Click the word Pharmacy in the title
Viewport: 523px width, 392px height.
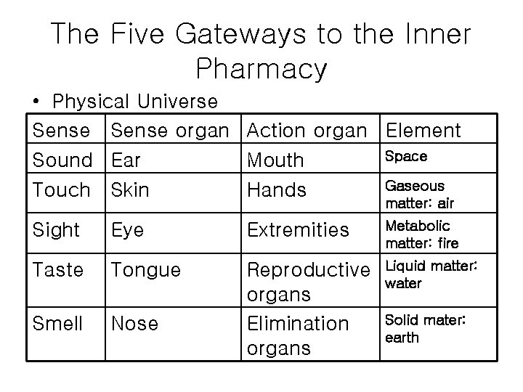click(x=261, y=70)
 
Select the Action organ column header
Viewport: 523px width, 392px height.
click(x=307, y=131)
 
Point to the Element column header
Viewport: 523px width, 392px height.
click(x=423, y=131)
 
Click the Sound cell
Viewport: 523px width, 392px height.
click(x=62, y=159)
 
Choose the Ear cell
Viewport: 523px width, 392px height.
click(x=125, y=159)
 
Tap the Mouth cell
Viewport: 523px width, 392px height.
click(x=276, y=159)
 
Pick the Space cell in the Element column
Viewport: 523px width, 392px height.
click(x=405, y=156)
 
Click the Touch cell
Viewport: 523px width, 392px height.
click(x=62, y=189)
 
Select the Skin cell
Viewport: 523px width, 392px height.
click(x=130, y=189)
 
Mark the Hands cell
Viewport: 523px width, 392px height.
click(x=276, y=189)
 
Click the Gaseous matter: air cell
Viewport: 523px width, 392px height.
click(x=419, y=194)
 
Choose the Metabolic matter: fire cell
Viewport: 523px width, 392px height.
click(x=422, y=234)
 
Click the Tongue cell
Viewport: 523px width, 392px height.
click(x=145, y=270)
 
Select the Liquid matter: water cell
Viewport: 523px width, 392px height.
click(x=430, y=275)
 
